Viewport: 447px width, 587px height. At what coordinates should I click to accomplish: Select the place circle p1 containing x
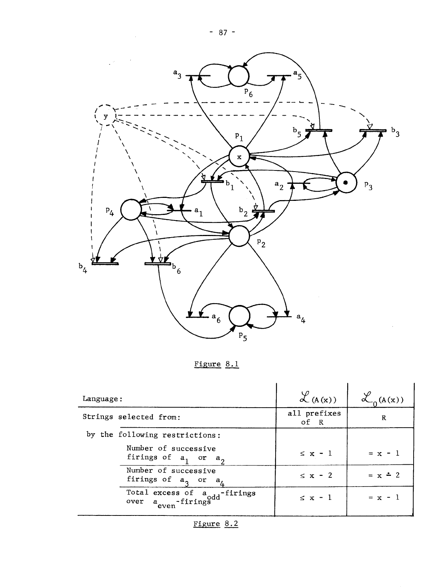click(x=239, y=157)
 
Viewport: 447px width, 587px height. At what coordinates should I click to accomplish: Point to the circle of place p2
click(x=239, y=236)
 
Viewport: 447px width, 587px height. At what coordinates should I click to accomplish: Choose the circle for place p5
click(x=240, y=315)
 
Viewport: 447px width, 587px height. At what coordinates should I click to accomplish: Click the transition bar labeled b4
click(x=105, y=263)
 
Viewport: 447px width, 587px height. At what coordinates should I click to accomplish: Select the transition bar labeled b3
click(x=372, y=130)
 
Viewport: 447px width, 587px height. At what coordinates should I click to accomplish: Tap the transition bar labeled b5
click(x=319, y=130)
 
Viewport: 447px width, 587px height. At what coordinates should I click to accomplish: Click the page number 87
click(x=223, y=33)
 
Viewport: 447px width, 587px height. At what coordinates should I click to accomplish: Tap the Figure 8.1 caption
click(x=217, y=364)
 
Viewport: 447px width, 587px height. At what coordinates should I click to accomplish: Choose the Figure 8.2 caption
click(x=216, y=524)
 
